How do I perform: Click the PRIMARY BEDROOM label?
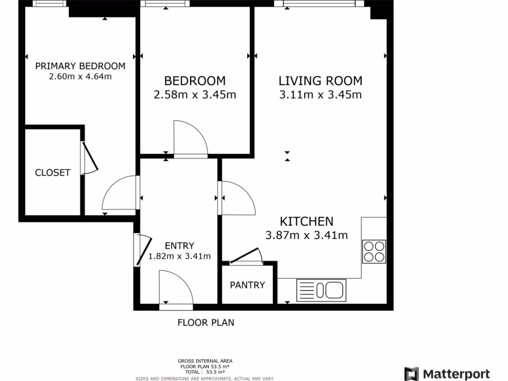(x=80, y=66)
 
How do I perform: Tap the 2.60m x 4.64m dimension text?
(x=80, y=76)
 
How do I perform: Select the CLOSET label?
(x=53, y=173)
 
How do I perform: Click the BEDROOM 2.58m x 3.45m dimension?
(x=194, y=94)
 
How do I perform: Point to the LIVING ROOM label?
(x=320, y=81)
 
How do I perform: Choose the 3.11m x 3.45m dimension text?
(x=320, y=94)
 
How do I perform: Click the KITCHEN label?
(x=307, y=221)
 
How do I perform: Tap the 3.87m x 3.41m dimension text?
(x=307, y=235)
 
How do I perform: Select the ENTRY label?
(x=179, y=246)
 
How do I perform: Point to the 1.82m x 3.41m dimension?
(x=179, y=256)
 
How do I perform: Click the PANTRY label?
(x=247, y=285)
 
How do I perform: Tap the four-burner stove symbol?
(x=374, y=251)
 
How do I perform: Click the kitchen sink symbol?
(x=321, y=290)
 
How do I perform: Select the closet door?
(x=88, y=159)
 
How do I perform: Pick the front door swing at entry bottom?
(x=175, y=288)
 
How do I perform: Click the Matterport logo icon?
(x=411, y=374)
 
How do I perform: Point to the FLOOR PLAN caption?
(x=206, y=322)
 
